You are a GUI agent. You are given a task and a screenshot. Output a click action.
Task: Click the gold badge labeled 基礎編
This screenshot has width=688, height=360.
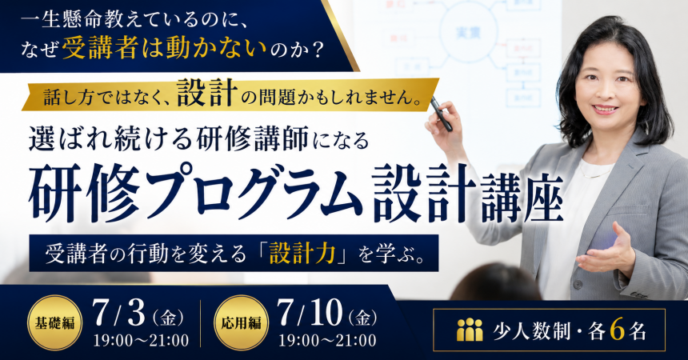click(x=55, y=322)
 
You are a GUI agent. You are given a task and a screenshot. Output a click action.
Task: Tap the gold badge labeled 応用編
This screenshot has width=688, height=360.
click(x=241, y=322)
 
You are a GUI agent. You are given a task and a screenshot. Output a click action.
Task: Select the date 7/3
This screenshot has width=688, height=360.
click(x=119, y=313)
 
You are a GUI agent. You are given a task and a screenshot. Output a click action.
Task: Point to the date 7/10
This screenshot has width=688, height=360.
click(x=310, y=313)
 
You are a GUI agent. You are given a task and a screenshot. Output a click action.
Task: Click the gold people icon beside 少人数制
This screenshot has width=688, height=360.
click(x=469, y=330)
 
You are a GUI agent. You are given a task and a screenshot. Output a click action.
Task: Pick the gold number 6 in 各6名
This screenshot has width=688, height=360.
click(x=617, y=330)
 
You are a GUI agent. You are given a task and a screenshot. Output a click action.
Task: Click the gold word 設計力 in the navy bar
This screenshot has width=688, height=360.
click(x=302, y=254)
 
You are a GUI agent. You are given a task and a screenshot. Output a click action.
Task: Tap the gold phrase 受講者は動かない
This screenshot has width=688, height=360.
click(x=165, y=48)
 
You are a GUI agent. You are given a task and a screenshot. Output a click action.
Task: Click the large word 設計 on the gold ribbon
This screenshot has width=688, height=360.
click(x=207, y=93)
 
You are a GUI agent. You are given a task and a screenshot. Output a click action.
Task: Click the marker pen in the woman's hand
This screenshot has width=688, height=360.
click(x=440, y=114)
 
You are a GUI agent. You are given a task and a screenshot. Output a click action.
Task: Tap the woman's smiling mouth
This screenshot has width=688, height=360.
click(x=605, y=109)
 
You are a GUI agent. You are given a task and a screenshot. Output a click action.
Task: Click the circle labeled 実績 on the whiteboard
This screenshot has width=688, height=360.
click(x=468, y=33)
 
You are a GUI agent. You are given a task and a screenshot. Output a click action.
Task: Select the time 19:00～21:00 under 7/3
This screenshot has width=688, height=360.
click(x=141, y=340)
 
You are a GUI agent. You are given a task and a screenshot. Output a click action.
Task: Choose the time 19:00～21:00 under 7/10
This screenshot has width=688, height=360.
click(x=327, y=340)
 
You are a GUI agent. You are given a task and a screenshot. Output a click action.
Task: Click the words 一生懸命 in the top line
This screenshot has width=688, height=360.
click(x=62, y=20)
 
